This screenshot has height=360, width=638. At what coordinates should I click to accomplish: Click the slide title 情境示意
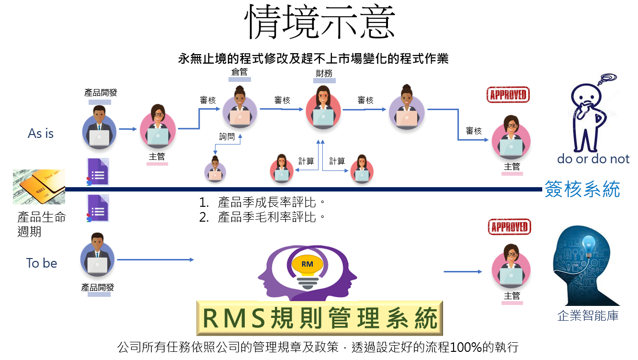[319, 22]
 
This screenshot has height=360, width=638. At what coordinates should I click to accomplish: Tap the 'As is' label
[41, 133]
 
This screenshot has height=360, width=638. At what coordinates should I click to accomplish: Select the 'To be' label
[42, 263]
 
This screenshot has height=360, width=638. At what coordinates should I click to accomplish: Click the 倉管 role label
[239, 72]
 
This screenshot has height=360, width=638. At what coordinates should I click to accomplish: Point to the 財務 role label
[324, 73]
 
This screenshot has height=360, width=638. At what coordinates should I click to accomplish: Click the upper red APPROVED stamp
[508, 95]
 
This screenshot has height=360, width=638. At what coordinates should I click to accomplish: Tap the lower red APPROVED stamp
[510, 227]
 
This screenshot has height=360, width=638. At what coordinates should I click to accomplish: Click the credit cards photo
[39, 187]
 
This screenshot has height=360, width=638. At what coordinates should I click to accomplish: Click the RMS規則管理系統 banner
[319, 318]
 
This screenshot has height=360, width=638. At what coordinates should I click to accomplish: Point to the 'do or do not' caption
[593, 159]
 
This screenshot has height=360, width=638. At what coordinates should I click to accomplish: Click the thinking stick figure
[590, 114]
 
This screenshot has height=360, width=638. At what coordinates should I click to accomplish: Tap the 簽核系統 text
[582, 189]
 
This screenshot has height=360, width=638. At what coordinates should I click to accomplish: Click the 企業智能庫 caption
[588, 315]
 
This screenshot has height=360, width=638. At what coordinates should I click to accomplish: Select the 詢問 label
[227, 136]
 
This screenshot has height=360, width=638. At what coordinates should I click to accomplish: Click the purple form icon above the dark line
[98, 171]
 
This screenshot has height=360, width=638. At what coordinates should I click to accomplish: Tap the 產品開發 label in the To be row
[97, 287]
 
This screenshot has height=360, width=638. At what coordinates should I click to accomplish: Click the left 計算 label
[306, 161]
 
